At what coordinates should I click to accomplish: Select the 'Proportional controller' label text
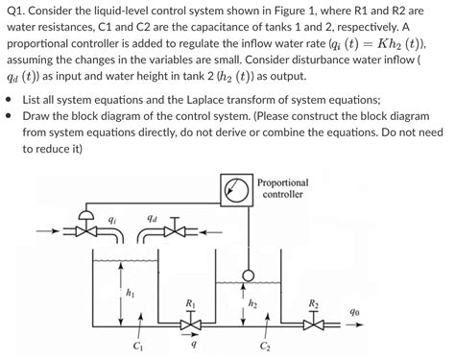point(282,187)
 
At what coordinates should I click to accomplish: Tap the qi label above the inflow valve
point(112,216)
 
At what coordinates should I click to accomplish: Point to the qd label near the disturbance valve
point(150,216)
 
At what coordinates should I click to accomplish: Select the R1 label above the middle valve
point(189,304)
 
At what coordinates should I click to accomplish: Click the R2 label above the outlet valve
point(314,304)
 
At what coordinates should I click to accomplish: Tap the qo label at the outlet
point(357,312)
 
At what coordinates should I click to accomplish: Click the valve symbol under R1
point(189,325)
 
